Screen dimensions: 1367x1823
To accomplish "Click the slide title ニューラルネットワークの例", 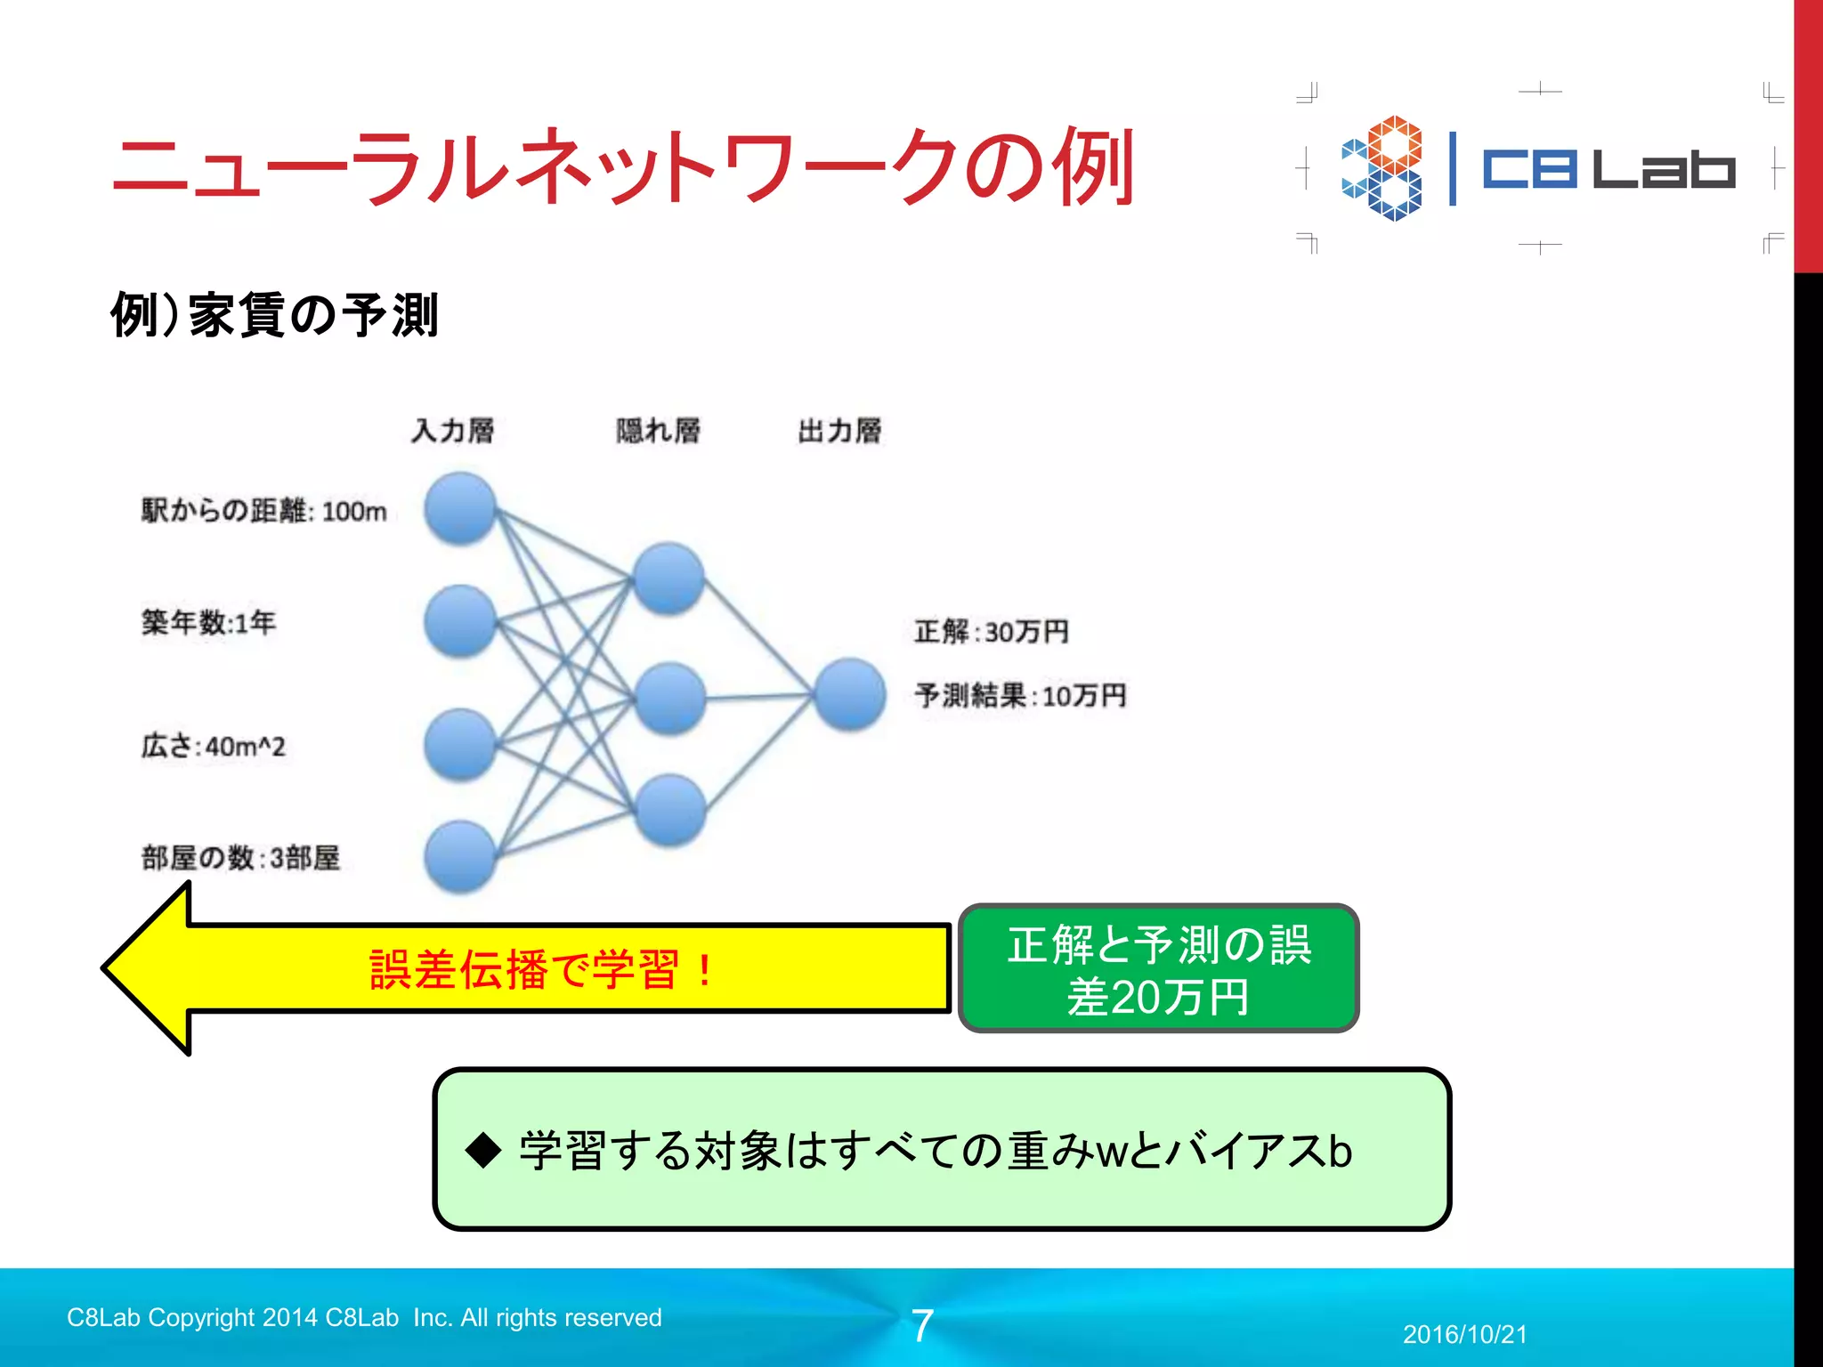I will [623, 167].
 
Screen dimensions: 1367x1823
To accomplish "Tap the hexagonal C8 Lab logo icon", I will [1381, 168].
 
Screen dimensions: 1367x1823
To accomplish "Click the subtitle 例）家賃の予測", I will [274, 315].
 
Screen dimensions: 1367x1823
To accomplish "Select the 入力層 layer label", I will [452, 431].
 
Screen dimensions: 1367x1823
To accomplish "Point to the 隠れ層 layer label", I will [658, 431].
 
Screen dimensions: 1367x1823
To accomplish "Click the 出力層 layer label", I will [839, 431].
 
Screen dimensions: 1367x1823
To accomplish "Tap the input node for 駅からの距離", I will [459, 509].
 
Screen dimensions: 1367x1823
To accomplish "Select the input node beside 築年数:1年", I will [459, 621].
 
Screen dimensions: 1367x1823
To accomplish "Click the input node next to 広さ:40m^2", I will [459, 744].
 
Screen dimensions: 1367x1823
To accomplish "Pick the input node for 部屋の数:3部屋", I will [459, 856].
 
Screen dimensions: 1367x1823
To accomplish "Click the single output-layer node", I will [850, 694].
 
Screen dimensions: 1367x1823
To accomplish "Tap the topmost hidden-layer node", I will [668, 578].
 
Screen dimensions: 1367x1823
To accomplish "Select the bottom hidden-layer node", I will [670, 810].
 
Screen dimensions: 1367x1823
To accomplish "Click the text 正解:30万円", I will [991, 632].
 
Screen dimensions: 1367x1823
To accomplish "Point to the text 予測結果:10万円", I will [1020, 695].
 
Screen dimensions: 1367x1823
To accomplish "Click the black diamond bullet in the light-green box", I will [484, 1150].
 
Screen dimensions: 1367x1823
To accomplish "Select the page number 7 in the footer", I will [922, 1326].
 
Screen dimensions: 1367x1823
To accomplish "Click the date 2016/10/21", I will [1464, 1334].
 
